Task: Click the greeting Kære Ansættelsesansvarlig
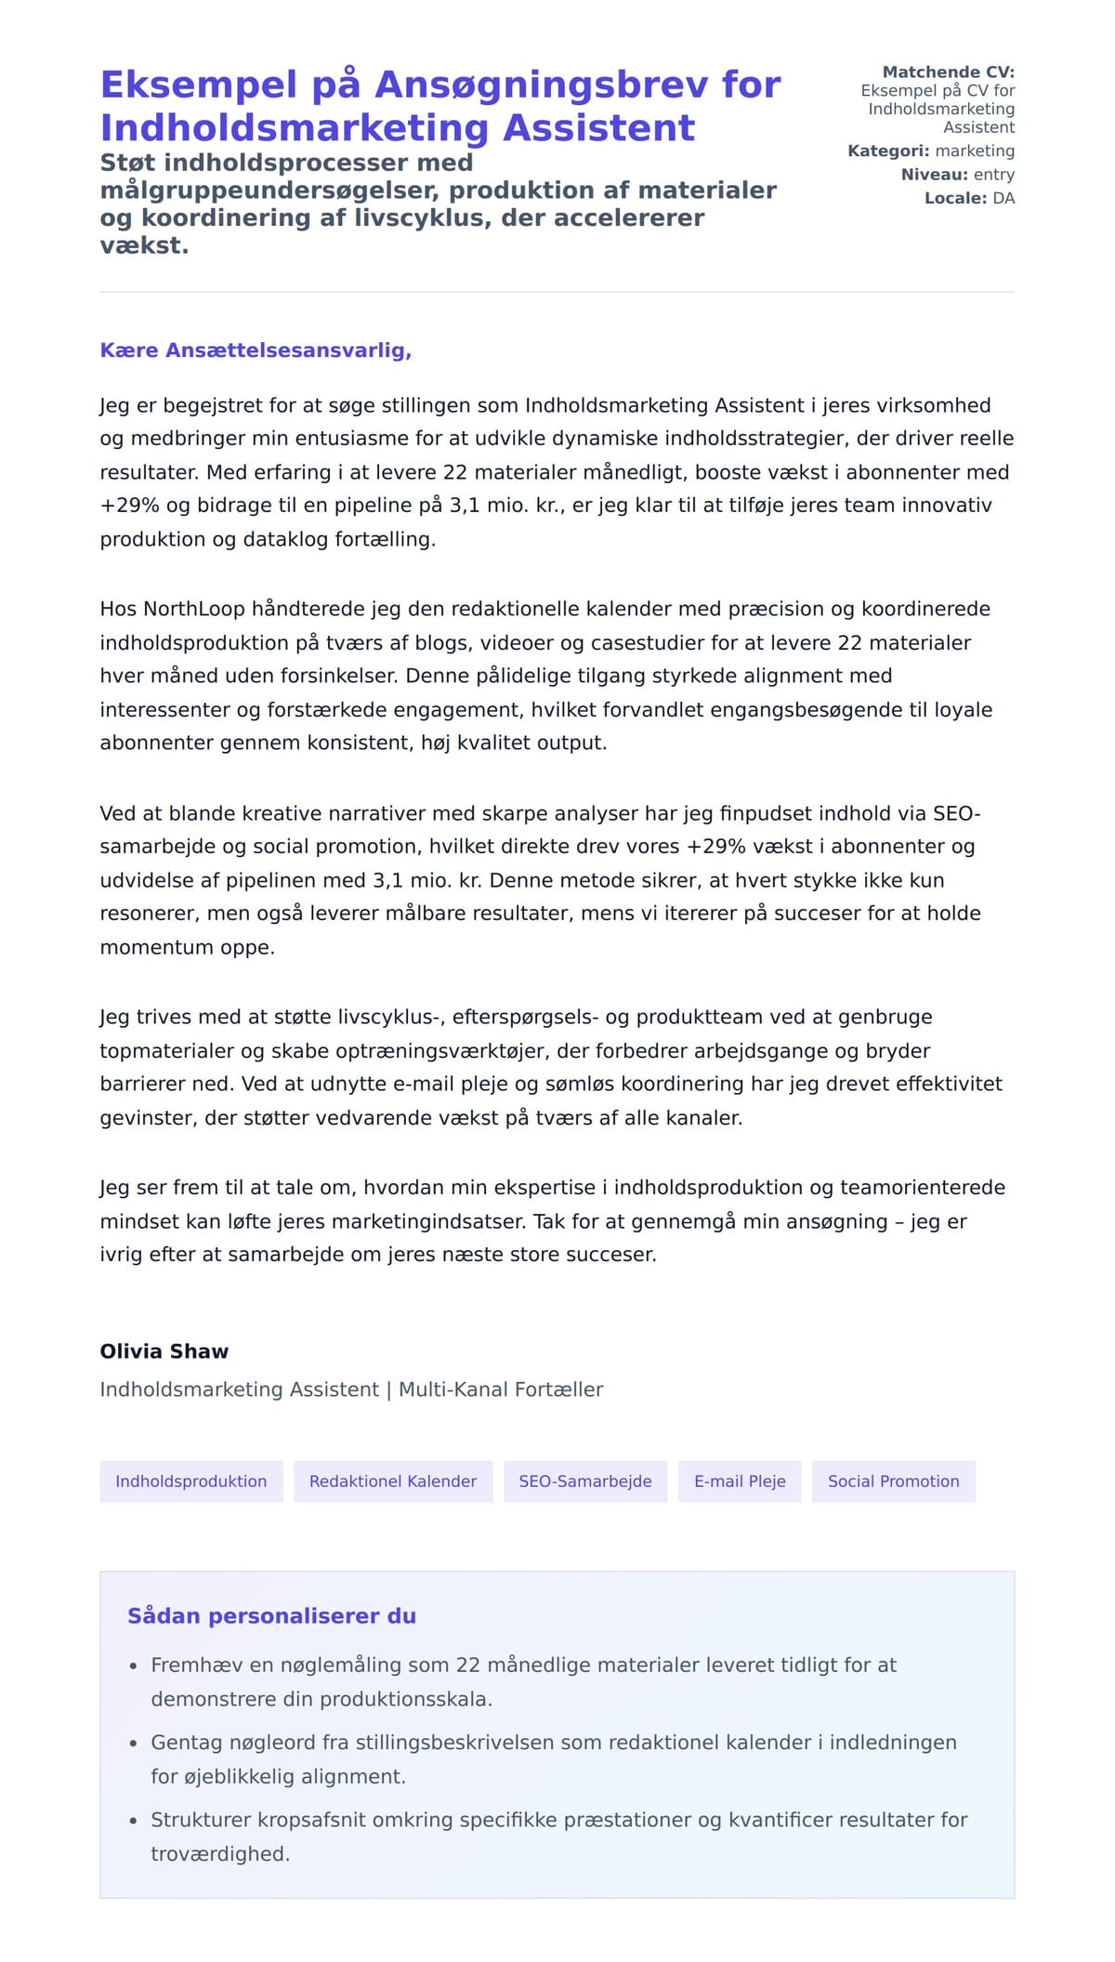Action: pyautogui.click(x=256, y=350)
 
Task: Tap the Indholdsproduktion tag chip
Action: pyautogui.click(x=191, y=1481)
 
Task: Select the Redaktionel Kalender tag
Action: pyautogui.click(x=393, y=1481)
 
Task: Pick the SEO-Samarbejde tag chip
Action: pyautogui.click(x=585, y=1481)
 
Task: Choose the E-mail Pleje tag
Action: pyautogui.click(x=740, y=1481)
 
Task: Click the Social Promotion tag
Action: pyautogui.click(x=893, y=1481)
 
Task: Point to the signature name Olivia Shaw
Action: pyautogui.click(x=164, y=1351)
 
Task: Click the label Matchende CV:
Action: pyautogui.click(x=948, y=72)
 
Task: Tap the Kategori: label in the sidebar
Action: pyautogui.click(x=888, y=151)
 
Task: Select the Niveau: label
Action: pyautogui.click(x=934, y=175)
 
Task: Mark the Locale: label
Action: pyautogui.click(x=955, y=198)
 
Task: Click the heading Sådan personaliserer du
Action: pyautogui.click(x=271, y=1615)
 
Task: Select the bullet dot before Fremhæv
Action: pyautogui.click(x=133, y=1666)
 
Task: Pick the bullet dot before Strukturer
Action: pyautogui.click(x=133, y=1821)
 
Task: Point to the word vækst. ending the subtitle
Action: pyautogui.click(x=144, y=246)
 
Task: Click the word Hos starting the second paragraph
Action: pyautogui.click(x=118, y=609)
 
